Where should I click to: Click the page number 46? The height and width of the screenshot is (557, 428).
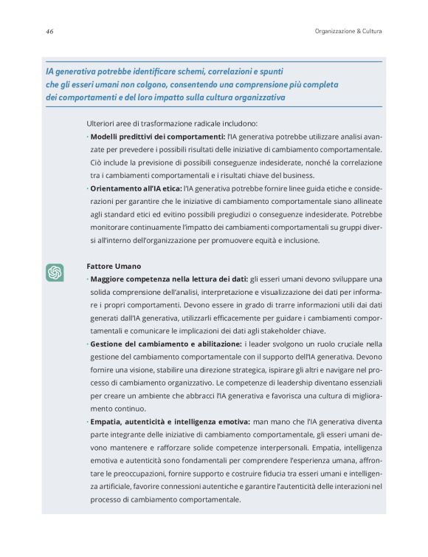(x=49, y=31)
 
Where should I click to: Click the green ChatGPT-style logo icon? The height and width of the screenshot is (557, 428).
(x=54, y=273)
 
